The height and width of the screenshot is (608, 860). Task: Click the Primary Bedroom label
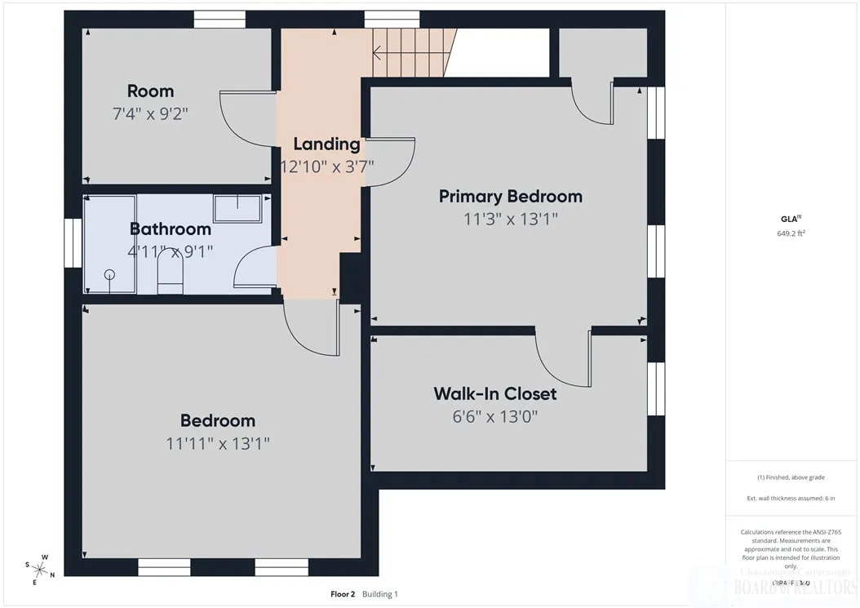click(x=510, y=196)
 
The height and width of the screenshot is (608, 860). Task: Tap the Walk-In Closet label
click(x=494, y=393)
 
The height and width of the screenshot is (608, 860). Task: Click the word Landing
click(x=326, y=144)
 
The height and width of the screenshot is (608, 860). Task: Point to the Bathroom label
click(x=171, y=229)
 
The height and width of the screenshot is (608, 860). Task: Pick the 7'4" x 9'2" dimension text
click(x=150, y=113)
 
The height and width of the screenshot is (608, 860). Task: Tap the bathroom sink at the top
click(x=237, y=208)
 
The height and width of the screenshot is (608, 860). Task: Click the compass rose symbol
click(x=38, y=570)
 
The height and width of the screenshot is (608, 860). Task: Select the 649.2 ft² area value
click(x=791, y=233)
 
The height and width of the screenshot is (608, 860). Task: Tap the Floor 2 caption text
click(x=341, y=594)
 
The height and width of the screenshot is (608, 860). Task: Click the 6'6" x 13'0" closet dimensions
click(x=494, y=416)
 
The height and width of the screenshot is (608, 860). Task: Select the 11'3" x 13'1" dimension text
click(x=510, y=219)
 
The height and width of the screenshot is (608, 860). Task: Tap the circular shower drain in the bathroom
click(x=109, y=275)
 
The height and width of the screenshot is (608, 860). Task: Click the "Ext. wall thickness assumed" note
click(x=791, y=497)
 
